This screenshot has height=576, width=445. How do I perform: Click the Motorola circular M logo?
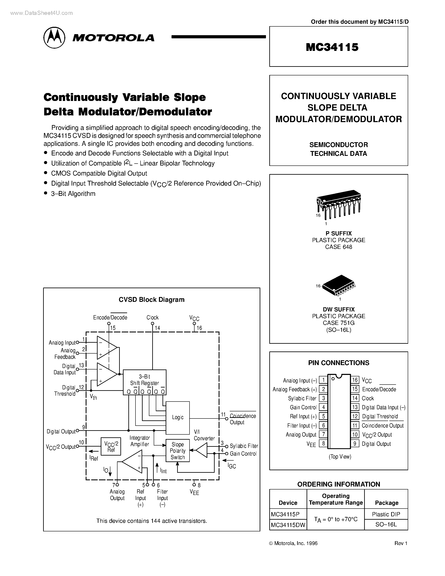(54, 37)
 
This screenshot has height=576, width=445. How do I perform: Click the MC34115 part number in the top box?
(332, 47)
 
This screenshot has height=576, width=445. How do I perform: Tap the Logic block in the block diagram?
(177, 417)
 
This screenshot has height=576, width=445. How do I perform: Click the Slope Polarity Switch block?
(177, 451)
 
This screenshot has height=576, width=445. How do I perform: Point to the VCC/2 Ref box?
(111, 447)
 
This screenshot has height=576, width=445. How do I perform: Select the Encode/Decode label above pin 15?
(110, 318)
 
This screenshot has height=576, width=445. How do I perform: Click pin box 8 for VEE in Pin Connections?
(323, 443)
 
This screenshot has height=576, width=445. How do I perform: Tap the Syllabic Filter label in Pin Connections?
(302, 398)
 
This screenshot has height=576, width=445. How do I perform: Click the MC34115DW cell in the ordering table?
(288, 525)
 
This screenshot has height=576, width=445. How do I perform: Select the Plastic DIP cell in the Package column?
(386, 514)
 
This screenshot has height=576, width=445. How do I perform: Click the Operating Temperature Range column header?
(336, 499)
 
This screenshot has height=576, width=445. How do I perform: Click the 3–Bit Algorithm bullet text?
(73, 194)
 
